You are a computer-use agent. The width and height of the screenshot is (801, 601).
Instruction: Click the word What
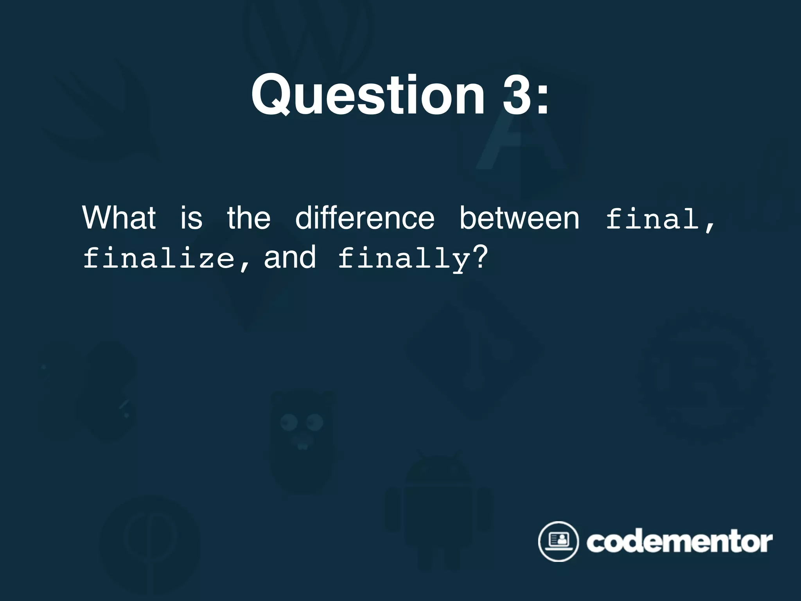coord(119,218)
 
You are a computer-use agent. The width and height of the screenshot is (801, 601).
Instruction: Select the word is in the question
coord(191,218)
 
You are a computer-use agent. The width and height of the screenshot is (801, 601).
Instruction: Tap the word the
coord(249,218)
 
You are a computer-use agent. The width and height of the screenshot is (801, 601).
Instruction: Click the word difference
coord(365,218)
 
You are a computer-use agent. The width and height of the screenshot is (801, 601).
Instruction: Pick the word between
coord(519,218)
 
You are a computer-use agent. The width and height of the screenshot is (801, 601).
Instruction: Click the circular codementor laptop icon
coord(558,542)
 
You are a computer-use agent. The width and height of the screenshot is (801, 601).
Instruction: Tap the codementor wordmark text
coord(679,542)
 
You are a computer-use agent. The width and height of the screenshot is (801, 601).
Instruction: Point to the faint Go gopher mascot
coord(302,438)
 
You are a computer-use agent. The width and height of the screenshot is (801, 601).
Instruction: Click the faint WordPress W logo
coord(307,35)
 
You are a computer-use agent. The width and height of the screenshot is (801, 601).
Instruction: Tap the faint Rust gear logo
coord(704,376)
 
